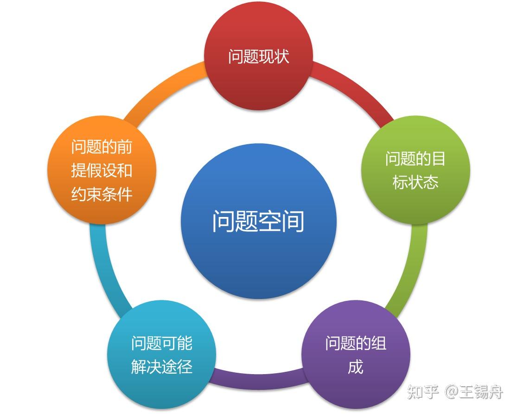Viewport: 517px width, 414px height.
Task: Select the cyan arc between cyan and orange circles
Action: coord(104,269)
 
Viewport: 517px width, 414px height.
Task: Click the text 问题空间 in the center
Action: coord(258,222)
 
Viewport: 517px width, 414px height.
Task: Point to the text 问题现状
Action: coord(259,56)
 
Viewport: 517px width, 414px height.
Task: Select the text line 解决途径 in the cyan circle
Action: coord(161,367)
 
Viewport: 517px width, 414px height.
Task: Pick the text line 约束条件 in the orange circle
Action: coord(102,194)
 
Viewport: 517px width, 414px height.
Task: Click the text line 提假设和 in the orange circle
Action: coord(102,171)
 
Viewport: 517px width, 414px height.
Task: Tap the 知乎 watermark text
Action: coord(423,393)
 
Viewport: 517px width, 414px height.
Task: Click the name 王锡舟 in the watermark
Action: coord(481,393)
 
